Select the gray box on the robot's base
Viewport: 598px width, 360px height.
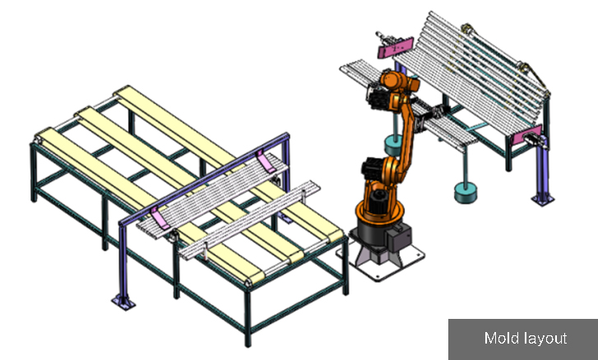tap(399, 237)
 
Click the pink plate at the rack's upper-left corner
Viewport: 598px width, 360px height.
tap(395, 47)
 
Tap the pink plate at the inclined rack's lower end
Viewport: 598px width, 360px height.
tap(526, 135)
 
